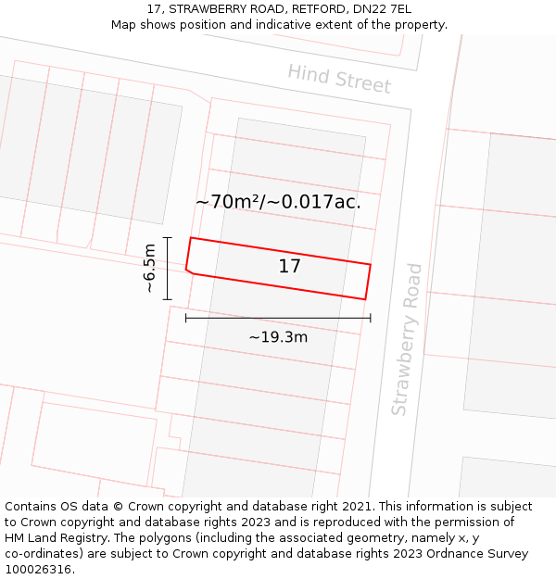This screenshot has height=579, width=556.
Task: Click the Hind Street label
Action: tap(339, 79)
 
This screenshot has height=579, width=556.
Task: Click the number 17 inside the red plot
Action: tap(289, 267)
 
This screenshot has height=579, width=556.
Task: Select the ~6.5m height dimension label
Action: tap(148, 269)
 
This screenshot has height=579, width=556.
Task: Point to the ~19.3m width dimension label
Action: tap(278, 337)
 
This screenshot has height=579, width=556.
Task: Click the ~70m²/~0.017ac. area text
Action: tap(278, 202)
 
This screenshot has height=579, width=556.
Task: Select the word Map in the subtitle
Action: tap(124, 24)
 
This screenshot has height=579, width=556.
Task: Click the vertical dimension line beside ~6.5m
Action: tap(168, 269)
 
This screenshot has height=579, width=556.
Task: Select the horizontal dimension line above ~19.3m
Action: tap(278, 318)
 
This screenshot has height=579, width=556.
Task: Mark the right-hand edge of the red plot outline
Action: tap(368, 282)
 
